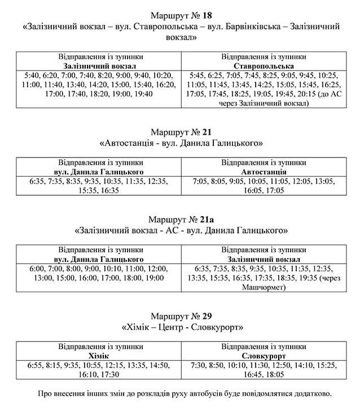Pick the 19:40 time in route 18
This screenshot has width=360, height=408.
coord(143,95)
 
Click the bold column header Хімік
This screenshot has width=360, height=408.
coord(99,357)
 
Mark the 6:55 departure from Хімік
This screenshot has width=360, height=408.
coord(37,366)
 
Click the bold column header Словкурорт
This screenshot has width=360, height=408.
coord(264,357)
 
